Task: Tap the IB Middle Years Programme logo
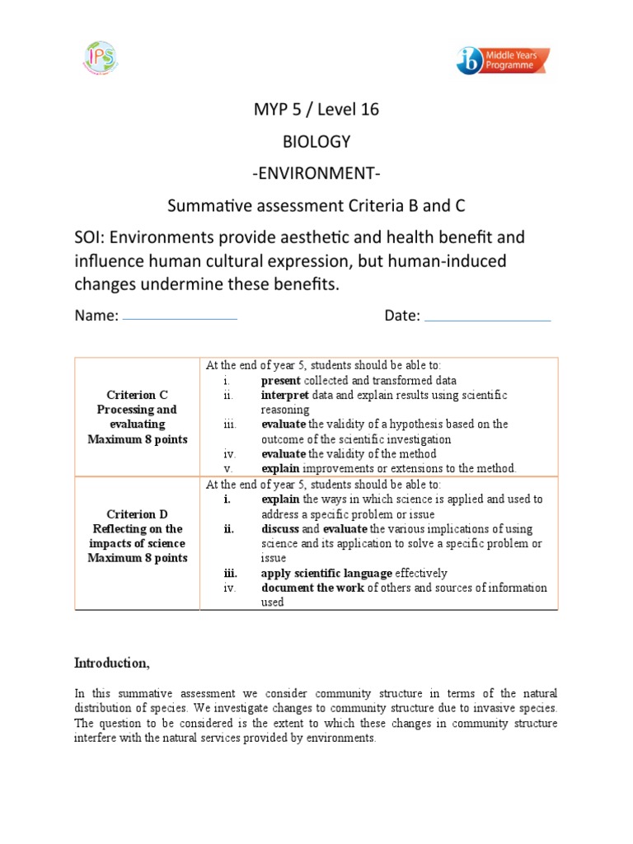pyautogui.click(x=503, y=60)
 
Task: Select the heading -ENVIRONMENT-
pyautogui.click(x=316, y=173)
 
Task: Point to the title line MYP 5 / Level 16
pyautogui.click(x=316, y=110)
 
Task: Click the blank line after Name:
pyautogui.click(x=180, y=318)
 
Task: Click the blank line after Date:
pyautogui.click(x=487, y=320)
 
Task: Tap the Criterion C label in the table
pyautogui.click(x=137, y=395)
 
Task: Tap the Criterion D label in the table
pyautogui.click(x=137, y=514)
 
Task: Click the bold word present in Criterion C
pyautogui.click(x=281, y=381)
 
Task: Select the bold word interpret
pyautogui.click(x=284, y=396)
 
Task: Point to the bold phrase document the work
pyautogui.click(x=312, y=588)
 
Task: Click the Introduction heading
pyautogui.click(x=112, y=663)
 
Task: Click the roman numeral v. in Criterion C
pyautogui.click(x=227, y=468)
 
